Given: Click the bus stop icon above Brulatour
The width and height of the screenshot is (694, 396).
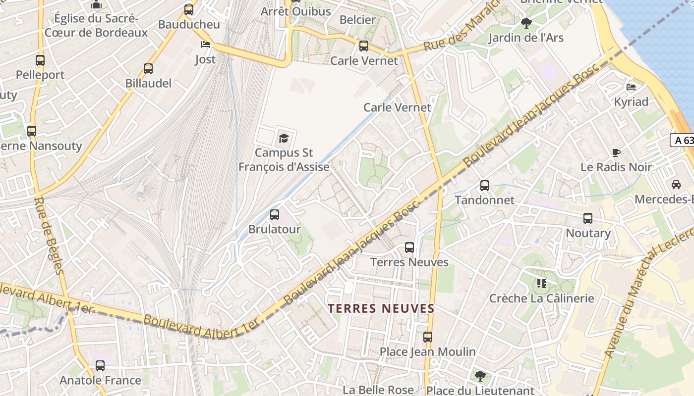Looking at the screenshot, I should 275,215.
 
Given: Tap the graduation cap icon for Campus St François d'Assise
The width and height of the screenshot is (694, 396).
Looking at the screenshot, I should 284,138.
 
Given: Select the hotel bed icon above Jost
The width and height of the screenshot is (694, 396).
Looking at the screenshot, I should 206,45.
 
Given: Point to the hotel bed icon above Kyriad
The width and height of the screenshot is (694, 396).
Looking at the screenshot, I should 631,87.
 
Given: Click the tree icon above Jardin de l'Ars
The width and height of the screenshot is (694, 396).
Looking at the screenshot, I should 526,23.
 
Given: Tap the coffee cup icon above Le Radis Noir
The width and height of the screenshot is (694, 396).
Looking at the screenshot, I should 616,152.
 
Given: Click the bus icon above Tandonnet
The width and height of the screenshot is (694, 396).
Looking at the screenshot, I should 485,186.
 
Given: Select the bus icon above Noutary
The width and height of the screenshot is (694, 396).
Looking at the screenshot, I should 588,218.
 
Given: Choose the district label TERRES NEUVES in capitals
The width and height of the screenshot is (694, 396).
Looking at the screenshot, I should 381,308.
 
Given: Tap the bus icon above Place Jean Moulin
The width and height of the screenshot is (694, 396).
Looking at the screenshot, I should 428,337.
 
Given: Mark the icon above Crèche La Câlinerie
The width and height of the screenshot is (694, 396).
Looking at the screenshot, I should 541,284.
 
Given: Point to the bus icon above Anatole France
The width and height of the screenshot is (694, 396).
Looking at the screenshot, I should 100,366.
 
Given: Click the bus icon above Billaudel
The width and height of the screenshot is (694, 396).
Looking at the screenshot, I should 148,69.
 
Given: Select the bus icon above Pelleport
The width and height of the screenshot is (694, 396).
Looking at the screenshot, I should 40,60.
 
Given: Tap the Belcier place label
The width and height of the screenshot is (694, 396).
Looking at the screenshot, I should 357,20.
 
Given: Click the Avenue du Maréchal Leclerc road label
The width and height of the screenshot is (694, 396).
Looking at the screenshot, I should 647,297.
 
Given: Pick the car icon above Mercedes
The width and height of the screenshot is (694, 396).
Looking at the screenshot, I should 676,185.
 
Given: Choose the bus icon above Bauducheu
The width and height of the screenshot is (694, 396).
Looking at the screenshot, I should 189,9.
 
